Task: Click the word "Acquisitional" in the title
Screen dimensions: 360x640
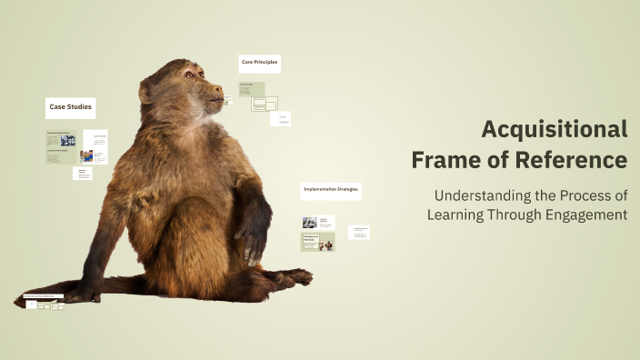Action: pyautogui.click(x=554, y=129)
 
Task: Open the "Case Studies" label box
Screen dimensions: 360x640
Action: pyautogui.click(x=71, y=108)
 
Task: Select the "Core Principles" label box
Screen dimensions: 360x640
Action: pyautogui.click(x=259, y=64)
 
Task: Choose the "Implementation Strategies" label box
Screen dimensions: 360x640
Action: pyautogui.click(x=331, y=191)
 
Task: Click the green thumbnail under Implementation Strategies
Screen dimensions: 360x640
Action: pyautogui.click(x=318, y=242)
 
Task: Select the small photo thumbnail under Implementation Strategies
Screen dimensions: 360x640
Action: pyautogui.click(x=309, y=222)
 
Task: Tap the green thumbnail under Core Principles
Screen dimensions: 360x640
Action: pyautogui.click(x=252, y=89)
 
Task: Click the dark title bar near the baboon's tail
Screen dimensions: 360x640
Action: pyautogui.click(x=44, y=297)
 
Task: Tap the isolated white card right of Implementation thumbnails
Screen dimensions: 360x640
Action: pyautogui.click(x=359, y=232)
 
